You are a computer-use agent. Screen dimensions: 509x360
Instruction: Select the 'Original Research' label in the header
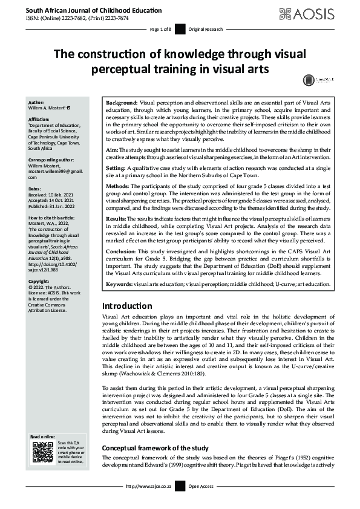(205, 29)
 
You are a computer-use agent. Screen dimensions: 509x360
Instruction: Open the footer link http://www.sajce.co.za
(148, 503)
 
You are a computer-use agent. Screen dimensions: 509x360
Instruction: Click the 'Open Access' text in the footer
(202, 503)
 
